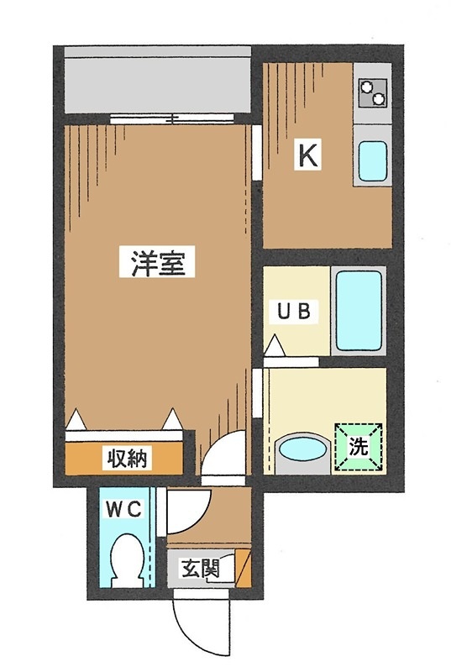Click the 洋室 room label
163,263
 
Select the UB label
295,311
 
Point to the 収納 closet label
127,459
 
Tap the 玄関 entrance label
200,569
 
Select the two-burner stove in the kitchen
372,92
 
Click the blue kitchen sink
372,161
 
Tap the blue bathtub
359,310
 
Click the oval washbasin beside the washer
302,448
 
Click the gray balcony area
157,79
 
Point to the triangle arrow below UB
275,346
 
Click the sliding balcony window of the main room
159,118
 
